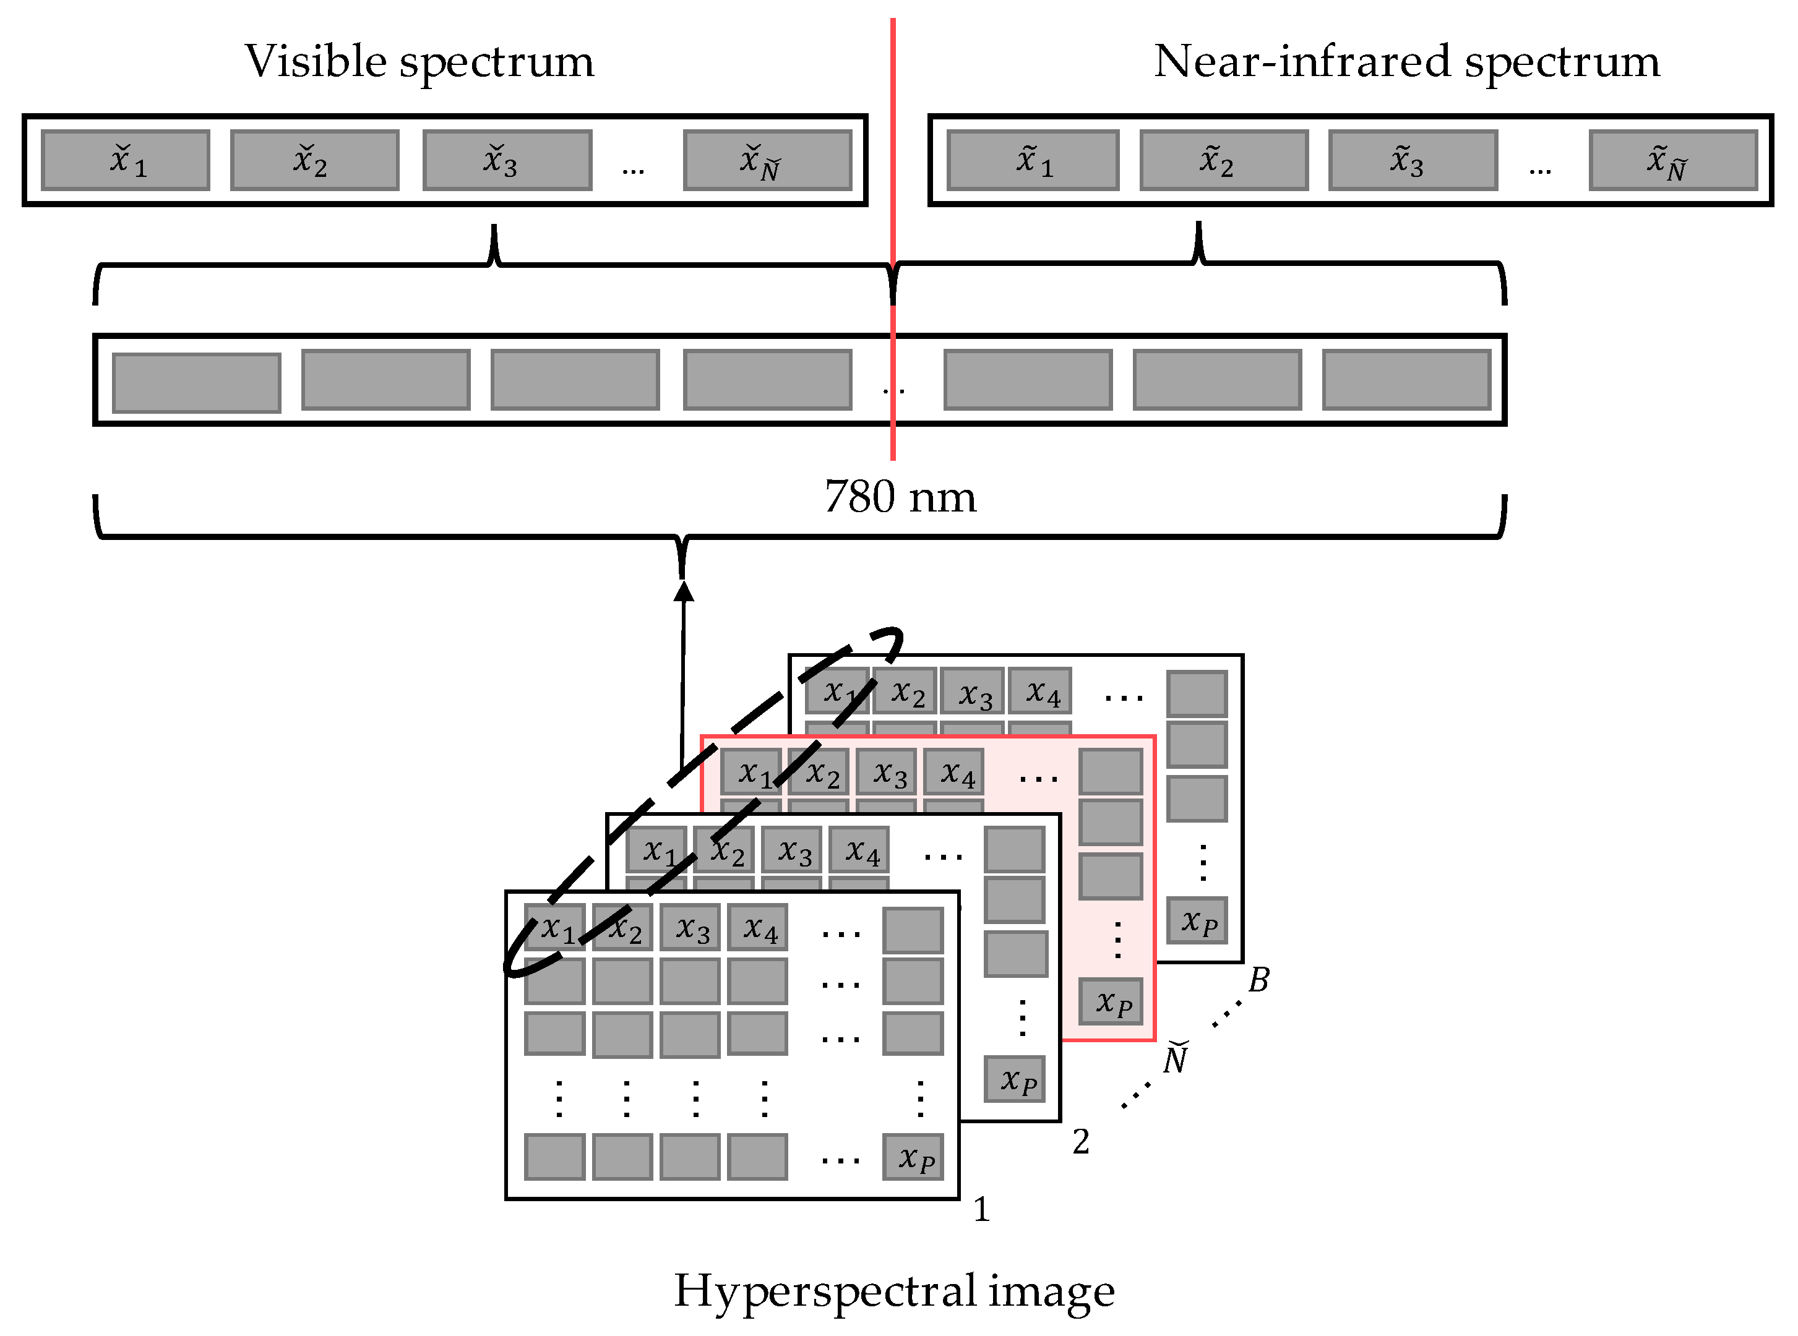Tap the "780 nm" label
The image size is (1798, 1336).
tap(900, 497)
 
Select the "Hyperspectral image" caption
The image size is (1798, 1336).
tap(894, 1290)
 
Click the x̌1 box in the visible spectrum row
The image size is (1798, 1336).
tap(126, 160)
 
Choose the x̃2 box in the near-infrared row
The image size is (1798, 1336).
tap(1223, 160)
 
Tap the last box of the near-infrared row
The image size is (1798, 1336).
tap(1672, 160)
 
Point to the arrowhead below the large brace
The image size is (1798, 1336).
tap(684, 592)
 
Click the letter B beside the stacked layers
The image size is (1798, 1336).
tap(1258, 980)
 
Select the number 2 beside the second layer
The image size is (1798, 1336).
tap(1080, 1142)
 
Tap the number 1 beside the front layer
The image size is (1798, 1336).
tap(981, 1210)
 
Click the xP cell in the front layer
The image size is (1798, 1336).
tap(913, 1157)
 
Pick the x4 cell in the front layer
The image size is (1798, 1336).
tap(757, 928)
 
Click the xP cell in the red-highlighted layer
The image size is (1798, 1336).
tap(1111, 1001)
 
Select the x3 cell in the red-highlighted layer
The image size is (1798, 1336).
tap(887, 773)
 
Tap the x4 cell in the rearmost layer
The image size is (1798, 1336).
tap(1040, 692)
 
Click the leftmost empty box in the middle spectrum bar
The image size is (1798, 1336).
tap(197, 382)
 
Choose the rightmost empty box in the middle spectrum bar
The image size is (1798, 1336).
tap(1406, 379)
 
